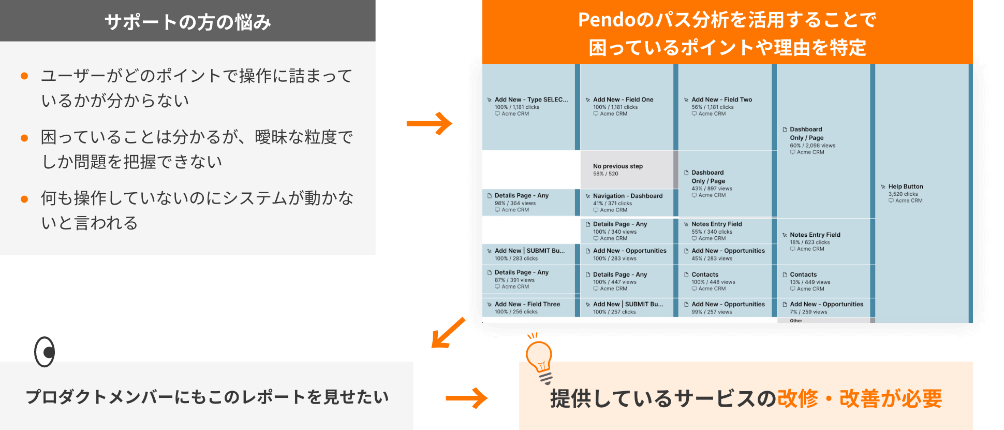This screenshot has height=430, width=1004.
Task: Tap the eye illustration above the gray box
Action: tap(45, 352)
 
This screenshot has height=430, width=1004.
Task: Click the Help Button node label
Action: tap(905, 187)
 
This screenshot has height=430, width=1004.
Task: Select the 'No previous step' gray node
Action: tap(617, 166)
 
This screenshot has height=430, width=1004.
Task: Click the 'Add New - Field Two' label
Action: tap(721, 99)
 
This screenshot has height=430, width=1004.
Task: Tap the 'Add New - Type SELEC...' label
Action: tap(530, 99)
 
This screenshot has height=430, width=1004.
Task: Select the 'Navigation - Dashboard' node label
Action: tap(627, 196)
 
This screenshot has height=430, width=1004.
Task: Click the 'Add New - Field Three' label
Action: tap(527, 304)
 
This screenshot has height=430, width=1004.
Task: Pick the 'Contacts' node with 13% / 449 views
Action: tap(803, 275)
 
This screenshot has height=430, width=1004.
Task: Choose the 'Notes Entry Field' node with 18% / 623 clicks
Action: tap(815, 235)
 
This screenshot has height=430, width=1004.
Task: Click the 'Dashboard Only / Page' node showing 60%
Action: tap(806, 133)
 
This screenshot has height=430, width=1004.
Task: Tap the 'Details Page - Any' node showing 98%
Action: tap(521, 195)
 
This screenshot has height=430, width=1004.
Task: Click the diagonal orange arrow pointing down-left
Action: tap(448, 333)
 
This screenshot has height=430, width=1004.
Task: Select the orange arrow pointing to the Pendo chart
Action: tap(429, 123)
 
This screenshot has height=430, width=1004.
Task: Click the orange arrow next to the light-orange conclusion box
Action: tap(466, 398)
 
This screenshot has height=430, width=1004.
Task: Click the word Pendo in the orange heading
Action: tap(607, 20)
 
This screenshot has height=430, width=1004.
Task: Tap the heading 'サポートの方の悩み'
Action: tap(187, 22)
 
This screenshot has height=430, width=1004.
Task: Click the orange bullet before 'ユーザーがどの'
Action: tap(24, 76)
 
